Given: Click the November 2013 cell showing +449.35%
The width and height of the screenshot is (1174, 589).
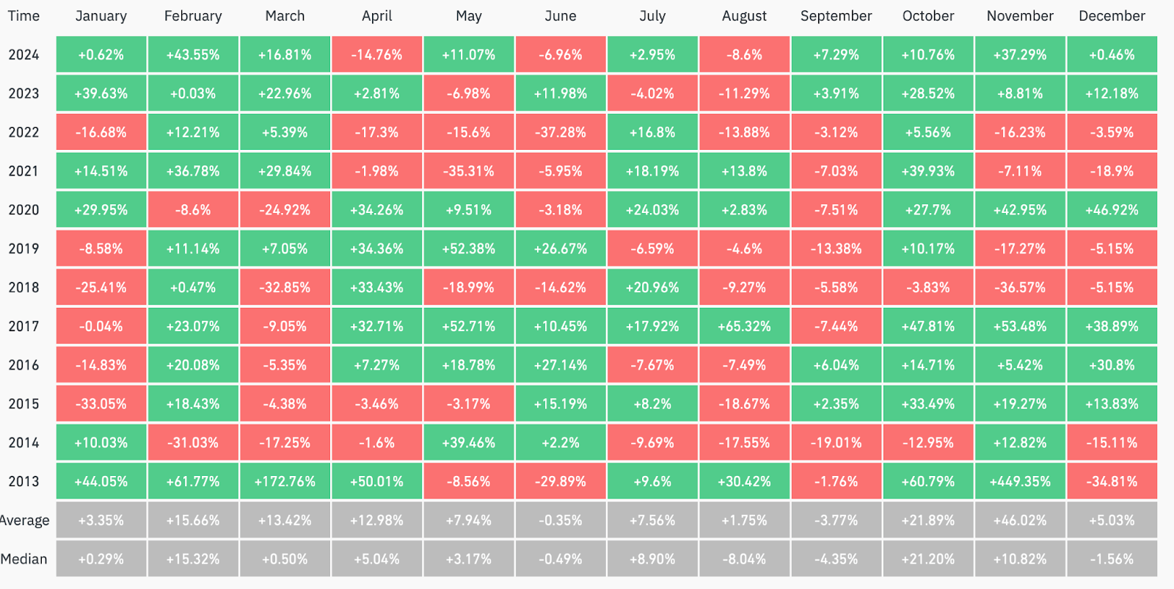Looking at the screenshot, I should pos(1020,482).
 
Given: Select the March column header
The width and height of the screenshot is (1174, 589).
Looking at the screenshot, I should pos(285,16).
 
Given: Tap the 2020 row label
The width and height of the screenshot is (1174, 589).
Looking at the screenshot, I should pos(23,210).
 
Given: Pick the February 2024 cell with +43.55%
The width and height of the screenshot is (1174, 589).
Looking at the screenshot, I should pos(193,55).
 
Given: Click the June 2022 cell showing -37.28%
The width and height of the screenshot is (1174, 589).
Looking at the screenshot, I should pos(561,133).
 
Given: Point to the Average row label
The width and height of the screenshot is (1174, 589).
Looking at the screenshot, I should pos(24,521).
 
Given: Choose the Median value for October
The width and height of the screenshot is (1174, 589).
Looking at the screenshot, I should pos(928,560).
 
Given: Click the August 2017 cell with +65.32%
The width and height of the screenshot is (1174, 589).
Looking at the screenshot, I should pos(744,327).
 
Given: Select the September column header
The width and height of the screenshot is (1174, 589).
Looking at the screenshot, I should pos(836,16).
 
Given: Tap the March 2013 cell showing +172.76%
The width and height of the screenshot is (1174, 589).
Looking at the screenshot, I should pos(285,482).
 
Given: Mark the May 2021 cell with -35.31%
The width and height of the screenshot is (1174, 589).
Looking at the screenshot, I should pos(469,171).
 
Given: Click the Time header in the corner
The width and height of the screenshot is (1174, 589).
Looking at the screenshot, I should pos(23,16).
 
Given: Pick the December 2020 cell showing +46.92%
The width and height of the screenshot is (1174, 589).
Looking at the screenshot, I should pos(1112,210).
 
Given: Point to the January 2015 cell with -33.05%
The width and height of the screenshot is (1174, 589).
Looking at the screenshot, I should pos(101,404).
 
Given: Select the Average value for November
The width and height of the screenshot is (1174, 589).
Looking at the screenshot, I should pos(1020,521).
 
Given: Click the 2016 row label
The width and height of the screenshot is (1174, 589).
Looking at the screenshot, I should pos(23,365).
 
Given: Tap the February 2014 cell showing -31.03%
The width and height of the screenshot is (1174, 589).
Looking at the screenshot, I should pos(193,443).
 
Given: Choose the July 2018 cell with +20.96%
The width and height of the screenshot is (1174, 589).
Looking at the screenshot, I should pos(652,288).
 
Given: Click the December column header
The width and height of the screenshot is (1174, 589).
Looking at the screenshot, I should pos(1112,16).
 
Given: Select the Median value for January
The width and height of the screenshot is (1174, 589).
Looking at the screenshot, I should pos(101,560).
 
